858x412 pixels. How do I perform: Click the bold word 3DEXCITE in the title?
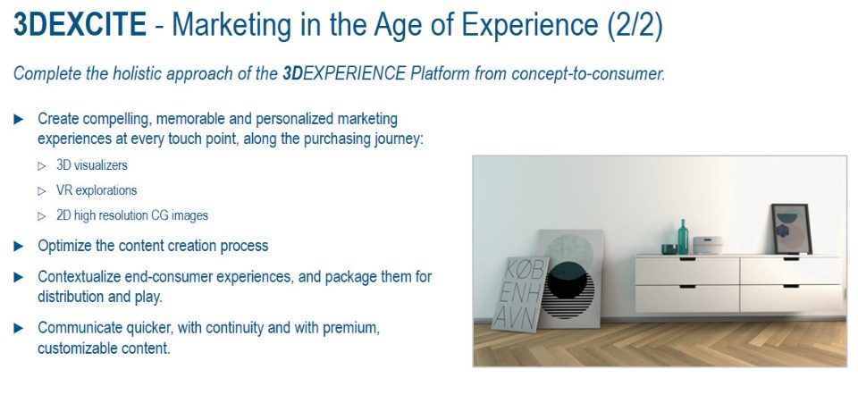coord(80,25)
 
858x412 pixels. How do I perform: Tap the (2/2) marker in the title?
coord(635,26)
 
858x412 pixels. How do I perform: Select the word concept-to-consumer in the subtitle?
coord(588,74)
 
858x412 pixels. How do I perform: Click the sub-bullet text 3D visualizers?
coord(92,164)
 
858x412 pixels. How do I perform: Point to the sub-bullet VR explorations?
coord(97,189)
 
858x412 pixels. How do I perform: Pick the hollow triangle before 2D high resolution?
coord(42,216)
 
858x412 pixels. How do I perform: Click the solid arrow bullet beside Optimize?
coord(19,246)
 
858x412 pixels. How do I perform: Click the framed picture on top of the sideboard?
coord(791,229)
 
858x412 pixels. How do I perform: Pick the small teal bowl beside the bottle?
coord(669,249)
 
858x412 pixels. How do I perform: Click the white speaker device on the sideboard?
coord(708,245)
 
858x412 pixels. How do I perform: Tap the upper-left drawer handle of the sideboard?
coord(687,259)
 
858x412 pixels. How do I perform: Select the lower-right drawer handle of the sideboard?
coord(791,286)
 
